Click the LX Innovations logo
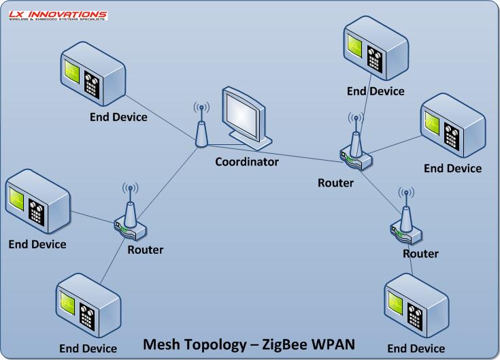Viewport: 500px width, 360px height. coord(57,15)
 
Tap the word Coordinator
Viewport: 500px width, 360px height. coord(247,162)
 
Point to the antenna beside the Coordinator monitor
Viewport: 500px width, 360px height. coord(201,129)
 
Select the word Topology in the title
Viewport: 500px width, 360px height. coord(216,344)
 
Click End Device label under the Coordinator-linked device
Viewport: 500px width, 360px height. coord(118,117)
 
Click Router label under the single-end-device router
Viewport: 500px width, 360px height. coord(420,254)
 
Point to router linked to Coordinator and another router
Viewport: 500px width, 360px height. coord(355,153)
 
